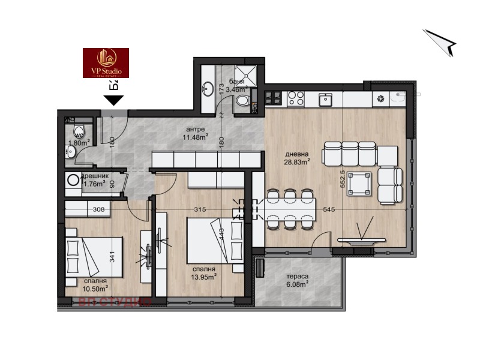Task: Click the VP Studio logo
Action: point(106,63)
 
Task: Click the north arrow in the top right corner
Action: point(441,43)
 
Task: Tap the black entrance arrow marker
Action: point(112,101)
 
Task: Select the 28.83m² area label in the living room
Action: point(297,161)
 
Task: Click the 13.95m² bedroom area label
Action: point(203,277)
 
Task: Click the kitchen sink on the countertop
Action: point(325,99)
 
